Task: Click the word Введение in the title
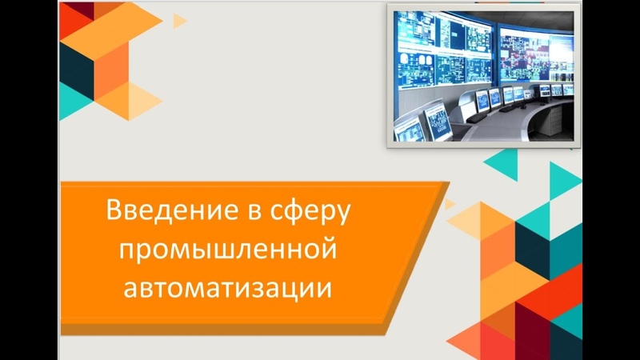[x=173, y=210]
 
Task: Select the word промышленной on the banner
[x=228, y=250]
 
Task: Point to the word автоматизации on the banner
[x=227, y=288]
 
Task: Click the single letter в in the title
[x=254, y=213]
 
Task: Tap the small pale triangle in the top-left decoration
[x=178, y=21]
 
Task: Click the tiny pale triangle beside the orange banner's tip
[x=449, y=204]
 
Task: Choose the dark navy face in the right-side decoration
[x=533, y=250]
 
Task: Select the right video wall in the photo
[x=535, y=55]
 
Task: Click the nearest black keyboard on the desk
[x=476, y=118]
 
